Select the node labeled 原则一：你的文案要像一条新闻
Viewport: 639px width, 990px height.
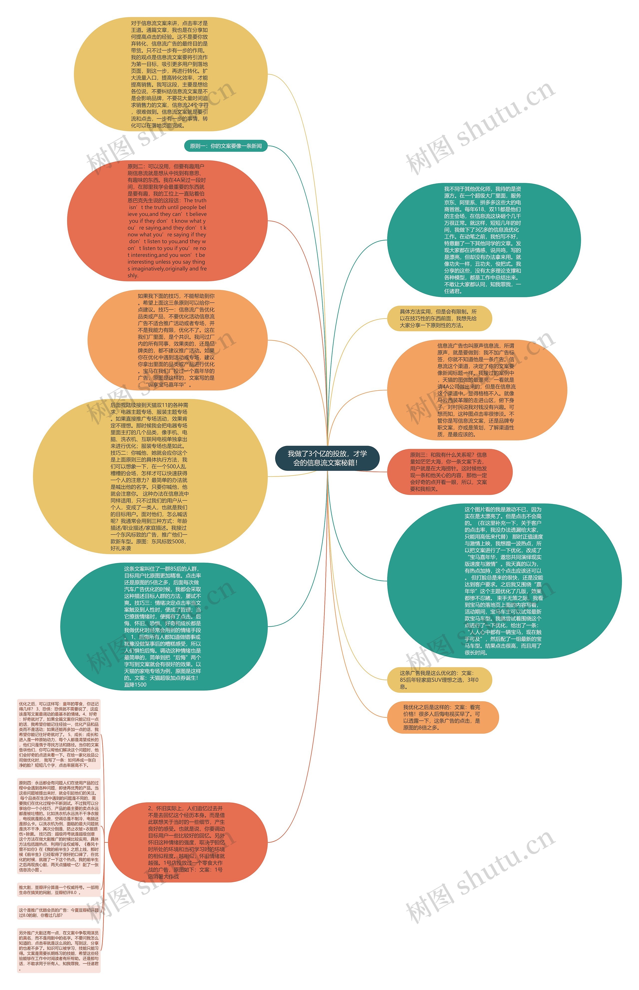(226, 146)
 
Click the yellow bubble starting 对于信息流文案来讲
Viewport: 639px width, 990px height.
(170, 74)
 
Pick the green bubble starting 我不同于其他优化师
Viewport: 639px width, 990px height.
(483, 240)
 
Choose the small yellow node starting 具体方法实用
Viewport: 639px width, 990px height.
(439, 318)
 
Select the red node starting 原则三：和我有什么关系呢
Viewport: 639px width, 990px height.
(449, 472)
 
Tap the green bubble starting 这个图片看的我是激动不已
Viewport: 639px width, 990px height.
(504, 581)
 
